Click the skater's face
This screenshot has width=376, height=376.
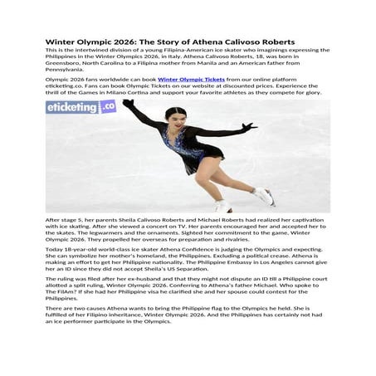176,118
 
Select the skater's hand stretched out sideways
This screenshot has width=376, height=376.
250,127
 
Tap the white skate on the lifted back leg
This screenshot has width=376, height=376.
265,197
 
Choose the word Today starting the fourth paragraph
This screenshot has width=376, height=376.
55,248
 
